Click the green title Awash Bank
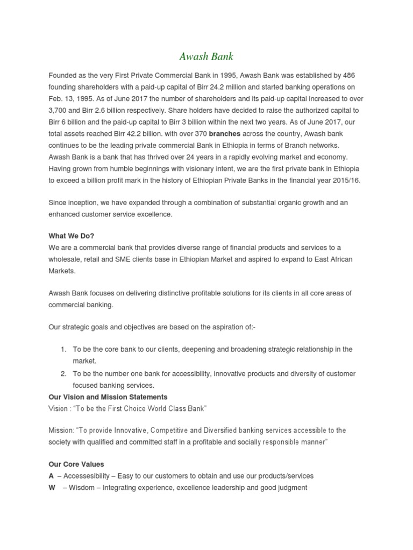click(x=206, y=56)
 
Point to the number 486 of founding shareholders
click(x=347, y=75)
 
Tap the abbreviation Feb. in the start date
click(x=56, y=99)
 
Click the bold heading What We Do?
click(x=71, y=236)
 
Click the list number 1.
click(x=63, y=349)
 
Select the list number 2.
click(x=63, y=373)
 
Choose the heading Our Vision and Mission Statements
click(x=108, y=397)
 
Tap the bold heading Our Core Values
click(x=76, y=464)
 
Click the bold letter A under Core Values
click(x=51, y=476)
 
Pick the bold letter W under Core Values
click(x=52, y=488)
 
